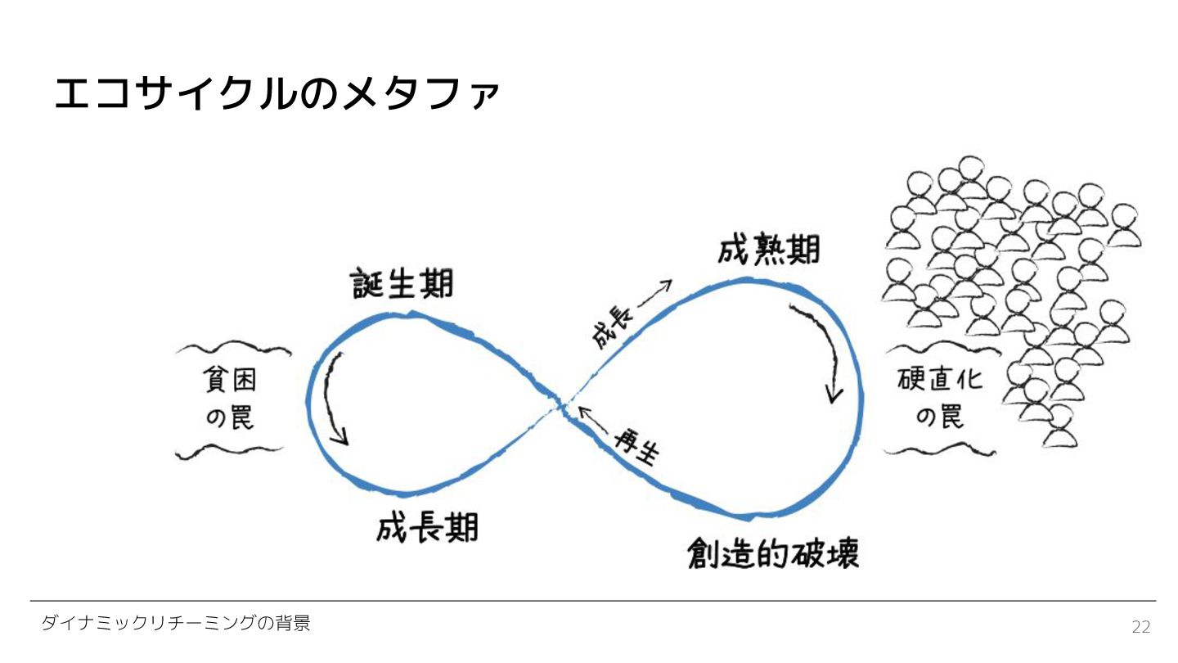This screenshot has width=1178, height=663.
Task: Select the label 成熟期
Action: (x=768, y=250)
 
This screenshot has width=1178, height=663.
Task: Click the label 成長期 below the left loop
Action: (x=428, y=528)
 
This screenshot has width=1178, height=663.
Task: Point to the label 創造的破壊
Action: (x=773, y=554)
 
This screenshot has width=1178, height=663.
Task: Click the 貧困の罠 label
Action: (x=230, y=399)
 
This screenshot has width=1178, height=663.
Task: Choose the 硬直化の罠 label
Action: (x=939, y=399)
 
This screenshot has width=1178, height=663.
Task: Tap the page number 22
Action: (x=1140, y=627)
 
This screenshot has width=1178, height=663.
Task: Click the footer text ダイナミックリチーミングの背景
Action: (x=176, y=624)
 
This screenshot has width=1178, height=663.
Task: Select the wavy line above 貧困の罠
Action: (x=232, y=350)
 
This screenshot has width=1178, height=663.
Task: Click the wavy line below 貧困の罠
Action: (x=230, y=451)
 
